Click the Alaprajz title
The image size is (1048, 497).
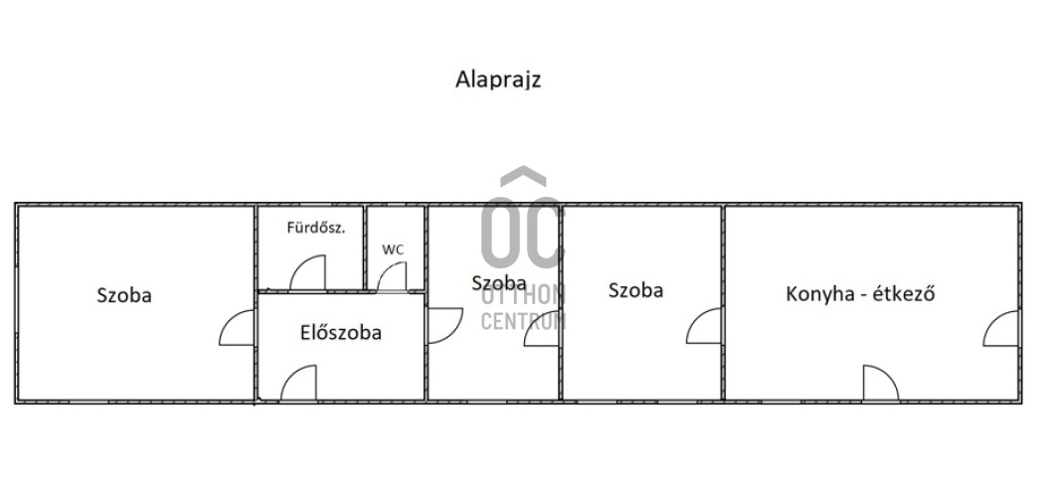pyautogui.click(x=498, y=80)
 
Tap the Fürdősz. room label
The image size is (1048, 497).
pyautogui.click(x=316, y=227)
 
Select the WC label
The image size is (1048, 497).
pyautogui.click(x=393, y=249)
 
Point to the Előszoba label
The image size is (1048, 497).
pyautogui.click(x=341, y=332)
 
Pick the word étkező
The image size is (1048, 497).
pyautogui.click(x=904, y=293)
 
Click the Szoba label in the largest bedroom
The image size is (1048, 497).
pyautogui.click(x=124, y=295)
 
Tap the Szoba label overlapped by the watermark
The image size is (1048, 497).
pyautogui.click(x=498, y=283)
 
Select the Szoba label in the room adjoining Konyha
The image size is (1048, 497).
pyautogui.click(x=635, y=290)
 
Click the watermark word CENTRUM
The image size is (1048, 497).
pyautogui.click(x=523, y=321)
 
